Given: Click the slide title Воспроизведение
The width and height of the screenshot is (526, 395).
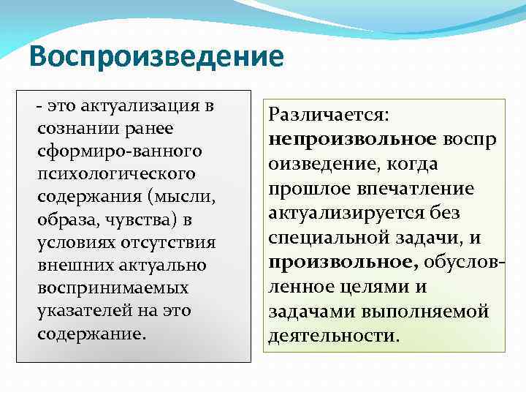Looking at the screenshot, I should pyautogui.click(x=156, y=57).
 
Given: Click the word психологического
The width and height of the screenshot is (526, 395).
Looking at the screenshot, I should pyautogui.click(x=116, y=174).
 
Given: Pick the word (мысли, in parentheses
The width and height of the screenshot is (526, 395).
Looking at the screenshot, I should pyautogui.click(x=186, y=197).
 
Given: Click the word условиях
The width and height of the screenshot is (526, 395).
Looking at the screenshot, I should pyautogui.click(x=70, y=242).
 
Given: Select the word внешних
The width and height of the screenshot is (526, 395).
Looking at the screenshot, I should pyautogui.click(x=70, y=265).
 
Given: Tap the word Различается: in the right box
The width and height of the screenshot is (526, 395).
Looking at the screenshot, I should pyautogui.click(x=329, y=115).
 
